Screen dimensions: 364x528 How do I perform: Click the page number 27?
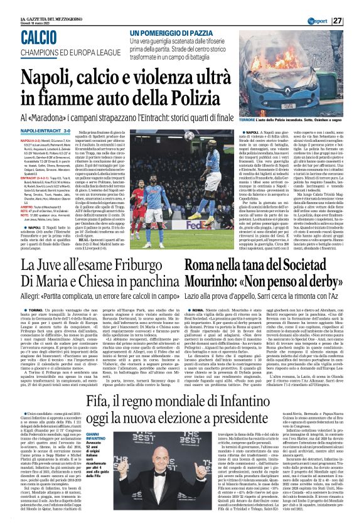[x=355, y=21]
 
